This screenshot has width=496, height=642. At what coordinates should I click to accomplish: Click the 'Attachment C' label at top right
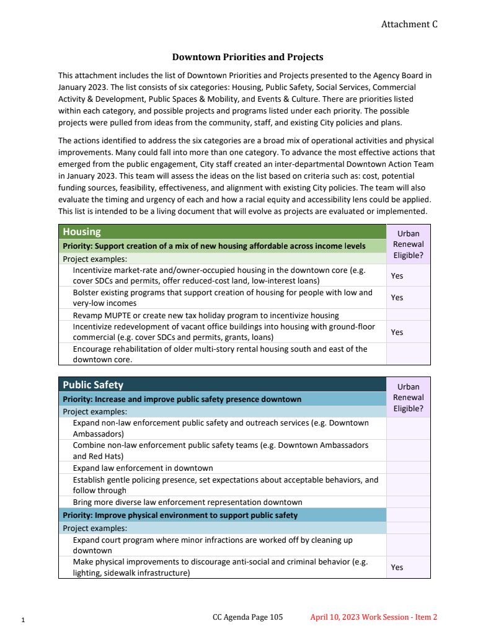[x=409, y=24]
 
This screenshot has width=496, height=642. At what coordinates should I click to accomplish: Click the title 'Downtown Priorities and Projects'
[x=247, y=57]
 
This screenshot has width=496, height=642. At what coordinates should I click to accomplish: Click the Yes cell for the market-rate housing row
[x=397, y=275]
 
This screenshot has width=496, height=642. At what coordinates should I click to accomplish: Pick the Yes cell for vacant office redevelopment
[x=397, y=332]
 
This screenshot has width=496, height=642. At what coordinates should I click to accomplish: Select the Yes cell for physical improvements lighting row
[x=397, y=567]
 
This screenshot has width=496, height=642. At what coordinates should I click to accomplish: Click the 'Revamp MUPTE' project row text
[x=206, y=315]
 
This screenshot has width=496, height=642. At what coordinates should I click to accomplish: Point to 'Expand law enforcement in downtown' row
[x=143, y=468]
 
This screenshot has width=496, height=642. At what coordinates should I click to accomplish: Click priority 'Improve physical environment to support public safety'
[x=180, y=515]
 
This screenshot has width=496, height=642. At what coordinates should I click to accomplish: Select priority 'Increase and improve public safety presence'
[x=182, y=399]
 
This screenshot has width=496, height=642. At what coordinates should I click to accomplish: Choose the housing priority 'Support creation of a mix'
[x=214, y=246]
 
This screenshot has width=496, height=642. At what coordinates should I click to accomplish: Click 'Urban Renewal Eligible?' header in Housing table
[x=408, y=244]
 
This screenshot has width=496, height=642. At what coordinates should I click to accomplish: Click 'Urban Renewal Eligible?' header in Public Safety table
[x=408, y=398]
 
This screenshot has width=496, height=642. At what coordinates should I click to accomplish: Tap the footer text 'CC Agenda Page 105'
[x=247, y=617]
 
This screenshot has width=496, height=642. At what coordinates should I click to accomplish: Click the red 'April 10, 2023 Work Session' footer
[x=374, y=617]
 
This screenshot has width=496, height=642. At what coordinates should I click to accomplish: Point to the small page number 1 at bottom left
[x=23, y=620]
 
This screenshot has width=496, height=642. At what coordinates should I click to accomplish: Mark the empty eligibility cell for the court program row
[x=408, y=545]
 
